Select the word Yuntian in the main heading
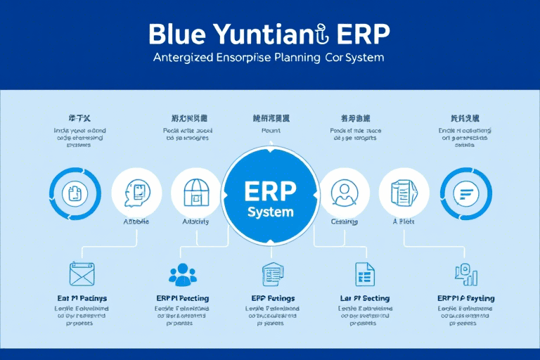click(266, 35)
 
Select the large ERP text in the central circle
click(270, 191)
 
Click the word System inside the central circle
click(270, 212)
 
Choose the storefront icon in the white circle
click(196, 192)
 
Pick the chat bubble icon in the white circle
click(136, 192)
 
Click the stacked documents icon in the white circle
click(404, 192)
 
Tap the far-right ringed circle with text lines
click(465, 192)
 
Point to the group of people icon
click(183, 274)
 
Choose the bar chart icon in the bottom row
click(466, 274)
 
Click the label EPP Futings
click(272, 299)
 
